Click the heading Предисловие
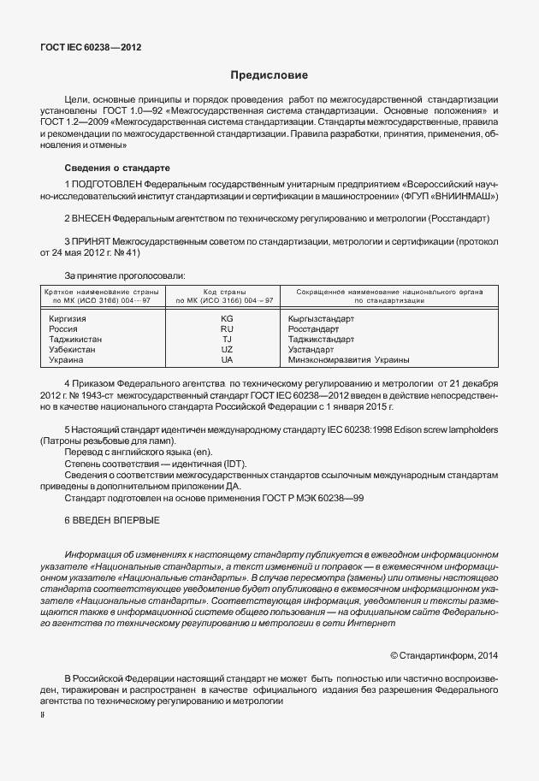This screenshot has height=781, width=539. point(269,75)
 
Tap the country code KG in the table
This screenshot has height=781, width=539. point(227,318)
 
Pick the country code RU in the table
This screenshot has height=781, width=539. point(227,328)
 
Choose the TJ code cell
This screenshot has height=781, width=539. point(227,339)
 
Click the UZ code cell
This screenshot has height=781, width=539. point(227,349)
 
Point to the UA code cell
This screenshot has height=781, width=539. point(227,359)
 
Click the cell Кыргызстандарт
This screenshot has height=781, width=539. point(322,318)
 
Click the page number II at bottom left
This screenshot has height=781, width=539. point(43,713)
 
